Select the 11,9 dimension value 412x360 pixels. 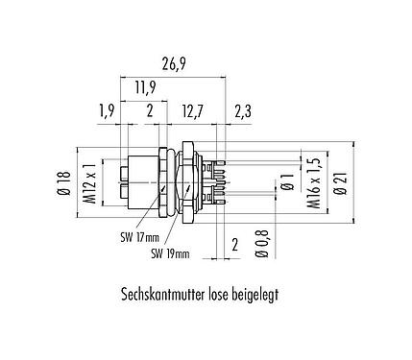click(x=146, y=89)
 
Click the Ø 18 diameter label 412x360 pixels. click(x=63, y=181)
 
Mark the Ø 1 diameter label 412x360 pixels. click(x=285, y=180)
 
